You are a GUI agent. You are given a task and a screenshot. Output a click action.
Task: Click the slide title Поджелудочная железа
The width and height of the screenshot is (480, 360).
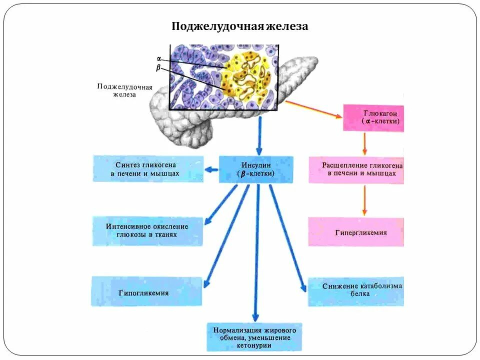coord(240,26)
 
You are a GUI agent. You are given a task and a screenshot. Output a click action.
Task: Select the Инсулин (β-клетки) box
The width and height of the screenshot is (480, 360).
coord(256,169)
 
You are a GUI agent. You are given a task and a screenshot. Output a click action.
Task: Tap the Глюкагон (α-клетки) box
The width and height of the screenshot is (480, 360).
coord(373,117)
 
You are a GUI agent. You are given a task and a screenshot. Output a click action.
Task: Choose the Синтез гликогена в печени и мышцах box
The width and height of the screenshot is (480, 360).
coord(148,168)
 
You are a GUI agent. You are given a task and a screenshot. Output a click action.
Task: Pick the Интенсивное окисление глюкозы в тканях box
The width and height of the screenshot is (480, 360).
coord(148,231)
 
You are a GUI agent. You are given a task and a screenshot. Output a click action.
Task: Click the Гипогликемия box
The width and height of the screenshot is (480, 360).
coord(146,292)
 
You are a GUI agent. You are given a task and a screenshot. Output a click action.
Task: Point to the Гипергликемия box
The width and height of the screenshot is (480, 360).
coord(356,232)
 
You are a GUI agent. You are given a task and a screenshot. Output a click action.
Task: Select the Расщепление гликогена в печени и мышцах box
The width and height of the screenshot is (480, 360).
coord(356,169)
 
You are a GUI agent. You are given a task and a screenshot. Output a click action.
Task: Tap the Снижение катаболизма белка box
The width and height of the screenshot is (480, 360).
coord(356,290)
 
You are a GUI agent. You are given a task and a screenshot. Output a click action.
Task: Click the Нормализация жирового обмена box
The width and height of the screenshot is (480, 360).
coord(254,337)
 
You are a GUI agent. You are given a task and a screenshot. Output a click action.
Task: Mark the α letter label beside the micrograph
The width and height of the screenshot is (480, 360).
coord(159,59)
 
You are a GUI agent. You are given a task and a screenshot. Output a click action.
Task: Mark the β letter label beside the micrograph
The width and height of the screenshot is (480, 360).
coord(158,68)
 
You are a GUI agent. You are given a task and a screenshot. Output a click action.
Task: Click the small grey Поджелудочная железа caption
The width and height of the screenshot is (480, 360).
coord(124,90)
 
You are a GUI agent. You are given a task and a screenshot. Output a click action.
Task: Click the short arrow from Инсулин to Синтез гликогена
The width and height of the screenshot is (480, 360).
coord(211,169)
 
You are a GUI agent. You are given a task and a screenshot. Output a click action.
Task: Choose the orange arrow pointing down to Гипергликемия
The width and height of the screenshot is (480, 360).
coord(364,200)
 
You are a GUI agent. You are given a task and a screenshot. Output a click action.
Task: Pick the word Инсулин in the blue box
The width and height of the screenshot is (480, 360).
coord(256,164)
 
